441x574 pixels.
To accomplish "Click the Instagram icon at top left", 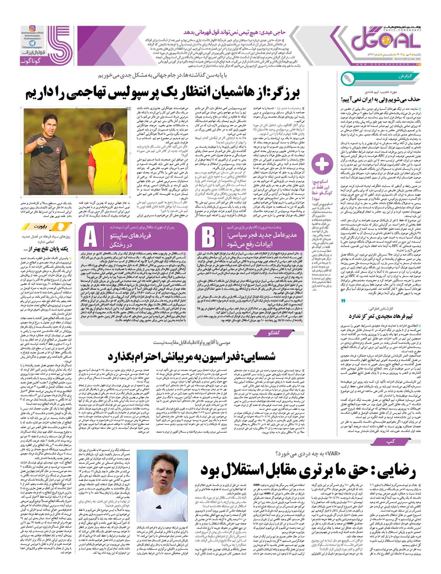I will tap(32, 29).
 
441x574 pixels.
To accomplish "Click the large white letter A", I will tap(90, 237).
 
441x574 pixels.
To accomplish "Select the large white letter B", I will tap(208, 237).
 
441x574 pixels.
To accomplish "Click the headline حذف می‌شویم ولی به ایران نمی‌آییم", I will tap(381, 99).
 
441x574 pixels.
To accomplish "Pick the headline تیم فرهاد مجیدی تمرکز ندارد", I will tap(381, 316).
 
